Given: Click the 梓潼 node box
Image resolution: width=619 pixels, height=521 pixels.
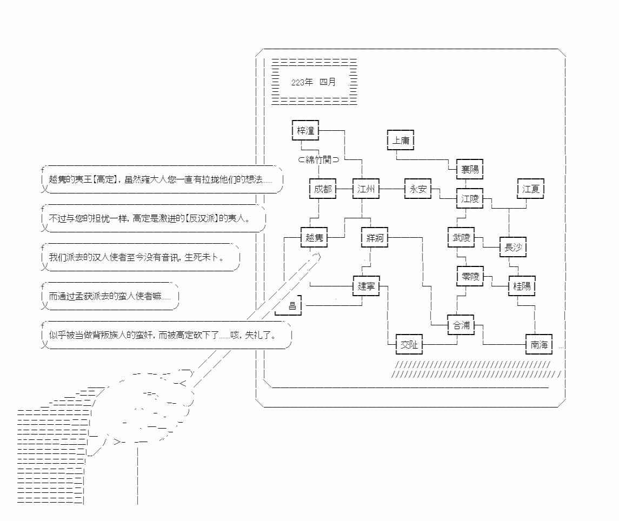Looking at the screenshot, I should click(x=305, y=130).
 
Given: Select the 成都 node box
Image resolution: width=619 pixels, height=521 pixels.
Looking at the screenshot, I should click(x=323, y=189).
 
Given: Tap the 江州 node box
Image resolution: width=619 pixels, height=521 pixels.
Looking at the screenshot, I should click(x=366, y=189).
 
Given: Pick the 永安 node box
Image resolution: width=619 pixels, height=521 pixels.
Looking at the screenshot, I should click(x=418, y=189).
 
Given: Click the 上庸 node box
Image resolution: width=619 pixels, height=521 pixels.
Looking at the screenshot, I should click(x=401, y=140).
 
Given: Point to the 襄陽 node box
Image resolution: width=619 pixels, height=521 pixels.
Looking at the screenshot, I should click(x=470, y=170).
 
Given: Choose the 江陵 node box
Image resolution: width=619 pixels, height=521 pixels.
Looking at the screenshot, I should click(x=470, y=199).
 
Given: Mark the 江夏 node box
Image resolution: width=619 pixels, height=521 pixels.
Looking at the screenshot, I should click(x=530, y=189).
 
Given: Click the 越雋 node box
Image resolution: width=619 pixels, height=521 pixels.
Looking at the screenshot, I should click(x=314, y=238).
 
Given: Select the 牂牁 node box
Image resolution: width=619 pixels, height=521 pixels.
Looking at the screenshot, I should click(x=375, y=238).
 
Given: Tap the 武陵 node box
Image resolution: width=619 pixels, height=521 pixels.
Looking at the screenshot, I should click(x=461, y=238).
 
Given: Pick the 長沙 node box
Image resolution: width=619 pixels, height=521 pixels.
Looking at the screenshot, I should click(x=512, y=248).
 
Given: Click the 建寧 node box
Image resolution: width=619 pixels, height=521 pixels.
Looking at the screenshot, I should click(x=366, y=286).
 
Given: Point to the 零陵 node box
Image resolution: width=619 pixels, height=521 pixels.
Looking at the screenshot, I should click(x=470, y=277).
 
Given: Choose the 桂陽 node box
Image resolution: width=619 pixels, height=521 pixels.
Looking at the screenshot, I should click(x=522, y=286).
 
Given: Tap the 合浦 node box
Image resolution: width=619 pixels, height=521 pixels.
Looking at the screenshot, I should click(x=461, y=325).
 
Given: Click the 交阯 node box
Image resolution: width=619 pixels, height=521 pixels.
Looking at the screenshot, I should click(x=409, y=345).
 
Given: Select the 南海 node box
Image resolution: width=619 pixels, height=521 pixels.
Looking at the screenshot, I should click(x=538, y=345).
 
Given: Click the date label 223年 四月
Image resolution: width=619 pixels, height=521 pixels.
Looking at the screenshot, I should click(x=314, y=82).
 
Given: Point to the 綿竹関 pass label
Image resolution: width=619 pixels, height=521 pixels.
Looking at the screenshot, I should click(x=319, y=159).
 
